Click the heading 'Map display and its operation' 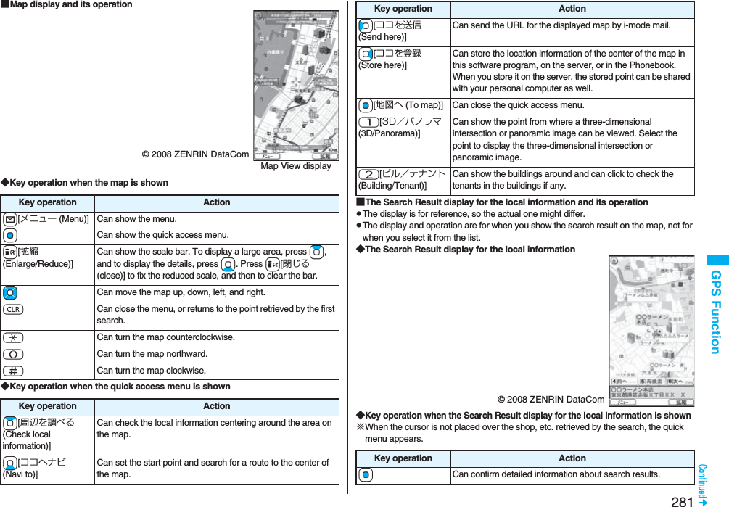(x=70, y=5)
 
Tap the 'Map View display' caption (x=296, y=166)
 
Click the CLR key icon (x=12, y=309)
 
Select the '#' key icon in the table (x=12, y=371)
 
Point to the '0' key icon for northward (x=12, y=354)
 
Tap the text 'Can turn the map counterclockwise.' (x=166, y=337)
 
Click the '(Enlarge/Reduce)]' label (x=38, y=263)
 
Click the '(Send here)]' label (x=382, y=37)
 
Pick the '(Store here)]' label (x=382, y=65)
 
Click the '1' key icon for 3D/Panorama (x=368, y=122)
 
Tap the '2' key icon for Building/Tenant (x=368, y=174)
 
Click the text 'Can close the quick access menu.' (x=517, y=105)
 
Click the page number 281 (x=683, y=500)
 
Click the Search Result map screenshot (x=651, y=331)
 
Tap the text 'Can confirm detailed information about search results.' (x=556, y=474)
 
